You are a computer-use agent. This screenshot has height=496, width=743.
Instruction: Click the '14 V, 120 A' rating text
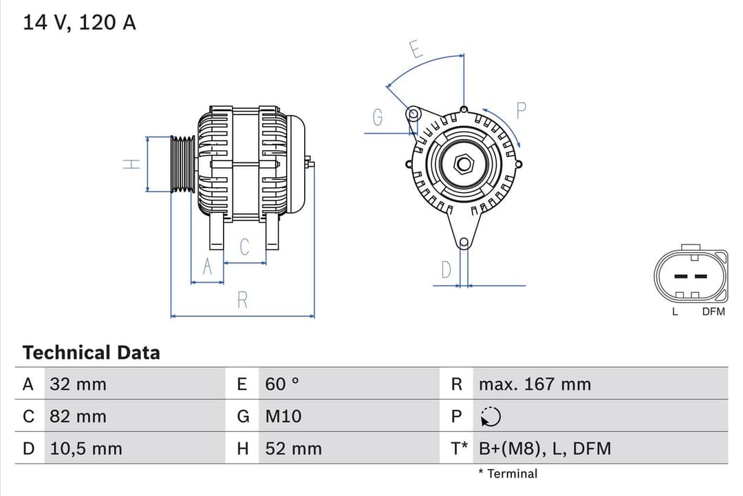pos(79,23)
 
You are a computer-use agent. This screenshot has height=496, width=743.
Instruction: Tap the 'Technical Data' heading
pos(91,353)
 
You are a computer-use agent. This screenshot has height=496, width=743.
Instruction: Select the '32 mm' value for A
pos(78,384)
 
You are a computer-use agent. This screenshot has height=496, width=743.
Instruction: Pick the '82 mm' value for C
pos(78,417)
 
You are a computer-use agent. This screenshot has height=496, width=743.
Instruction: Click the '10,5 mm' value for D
pos(86,449)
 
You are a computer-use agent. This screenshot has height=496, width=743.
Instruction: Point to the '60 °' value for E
pos(282,384)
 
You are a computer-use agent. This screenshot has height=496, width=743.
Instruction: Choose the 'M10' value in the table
pos(283,417)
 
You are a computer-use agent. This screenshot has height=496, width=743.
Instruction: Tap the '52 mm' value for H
pos(293,449)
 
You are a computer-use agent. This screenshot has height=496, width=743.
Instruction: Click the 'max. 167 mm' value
pos(535,384)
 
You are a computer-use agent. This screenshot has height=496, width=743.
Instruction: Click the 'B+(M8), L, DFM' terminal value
pos(544,449)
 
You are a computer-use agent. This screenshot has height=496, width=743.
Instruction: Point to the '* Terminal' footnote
pos(508,474)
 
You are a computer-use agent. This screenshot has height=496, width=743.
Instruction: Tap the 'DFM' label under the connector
pos(713,312)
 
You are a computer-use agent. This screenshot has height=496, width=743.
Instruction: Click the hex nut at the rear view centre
pos(464,164)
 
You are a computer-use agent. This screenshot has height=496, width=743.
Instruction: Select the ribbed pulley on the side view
pos(183,164)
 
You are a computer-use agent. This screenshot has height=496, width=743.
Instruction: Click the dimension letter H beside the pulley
pos(131,164)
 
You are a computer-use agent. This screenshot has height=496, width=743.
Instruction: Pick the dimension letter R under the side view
pos(242,300)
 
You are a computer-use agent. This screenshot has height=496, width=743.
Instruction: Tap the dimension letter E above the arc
pos(416,50)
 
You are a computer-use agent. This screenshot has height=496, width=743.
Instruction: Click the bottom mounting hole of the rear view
pos(464,242)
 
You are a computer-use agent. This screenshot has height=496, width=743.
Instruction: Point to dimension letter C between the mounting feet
pos(244,247)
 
